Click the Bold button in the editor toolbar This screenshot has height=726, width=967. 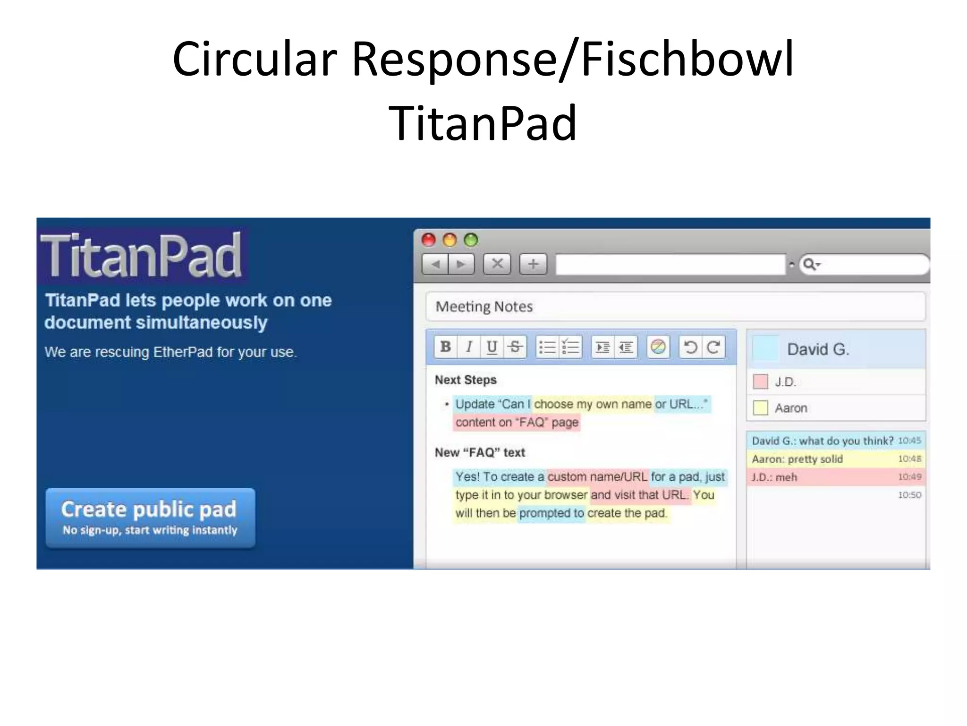[445, 347]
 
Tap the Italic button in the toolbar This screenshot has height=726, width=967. [469, 347]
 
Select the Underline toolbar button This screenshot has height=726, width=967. [492, 347]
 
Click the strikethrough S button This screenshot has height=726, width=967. [515, 347]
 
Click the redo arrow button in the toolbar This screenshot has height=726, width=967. [713, 347]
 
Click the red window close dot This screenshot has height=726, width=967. [428, 240]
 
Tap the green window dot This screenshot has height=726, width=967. [471, 240]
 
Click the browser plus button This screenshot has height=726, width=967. [533, 264]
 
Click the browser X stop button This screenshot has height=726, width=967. [497, 264]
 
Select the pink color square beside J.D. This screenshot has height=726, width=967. [760, 381]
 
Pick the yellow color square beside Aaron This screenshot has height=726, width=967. [760, 407]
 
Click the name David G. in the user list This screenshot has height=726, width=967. [818, 349]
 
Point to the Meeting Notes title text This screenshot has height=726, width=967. [484, 307]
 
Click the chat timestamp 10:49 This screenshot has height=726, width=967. [909, 477]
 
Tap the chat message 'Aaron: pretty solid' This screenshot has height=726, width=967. [797, 459]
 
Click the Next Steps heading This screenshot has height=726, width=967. [466, 380]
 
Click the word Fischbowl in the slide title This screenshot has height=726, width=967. [687, 59]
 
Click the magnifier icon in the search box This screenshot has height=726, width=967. [809, 264]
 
